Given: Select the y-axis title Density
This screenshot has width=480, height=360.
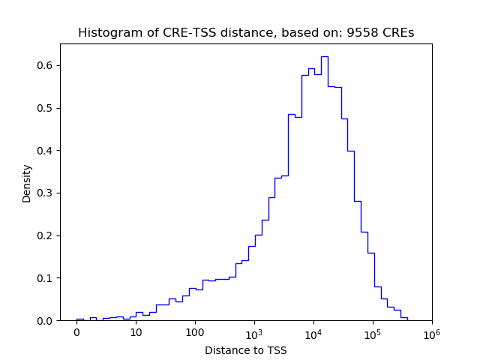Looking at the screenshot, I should click(x=27, y=183).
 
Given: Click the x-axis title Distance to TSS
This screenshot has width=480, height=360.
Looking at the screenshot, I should click(x=246, y=350).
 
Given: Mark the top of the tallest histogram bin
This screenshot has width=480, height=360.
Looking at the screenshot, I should click(x=325, y=56).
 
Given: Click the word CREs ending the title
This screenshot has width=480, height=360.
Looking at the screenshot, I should click(x=399, y=33).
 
